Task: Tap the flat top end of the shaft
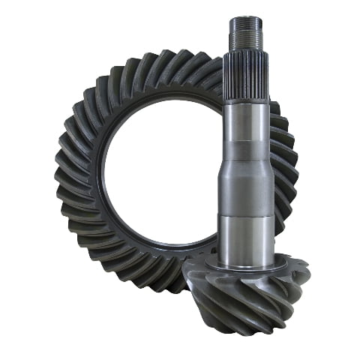247,18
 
